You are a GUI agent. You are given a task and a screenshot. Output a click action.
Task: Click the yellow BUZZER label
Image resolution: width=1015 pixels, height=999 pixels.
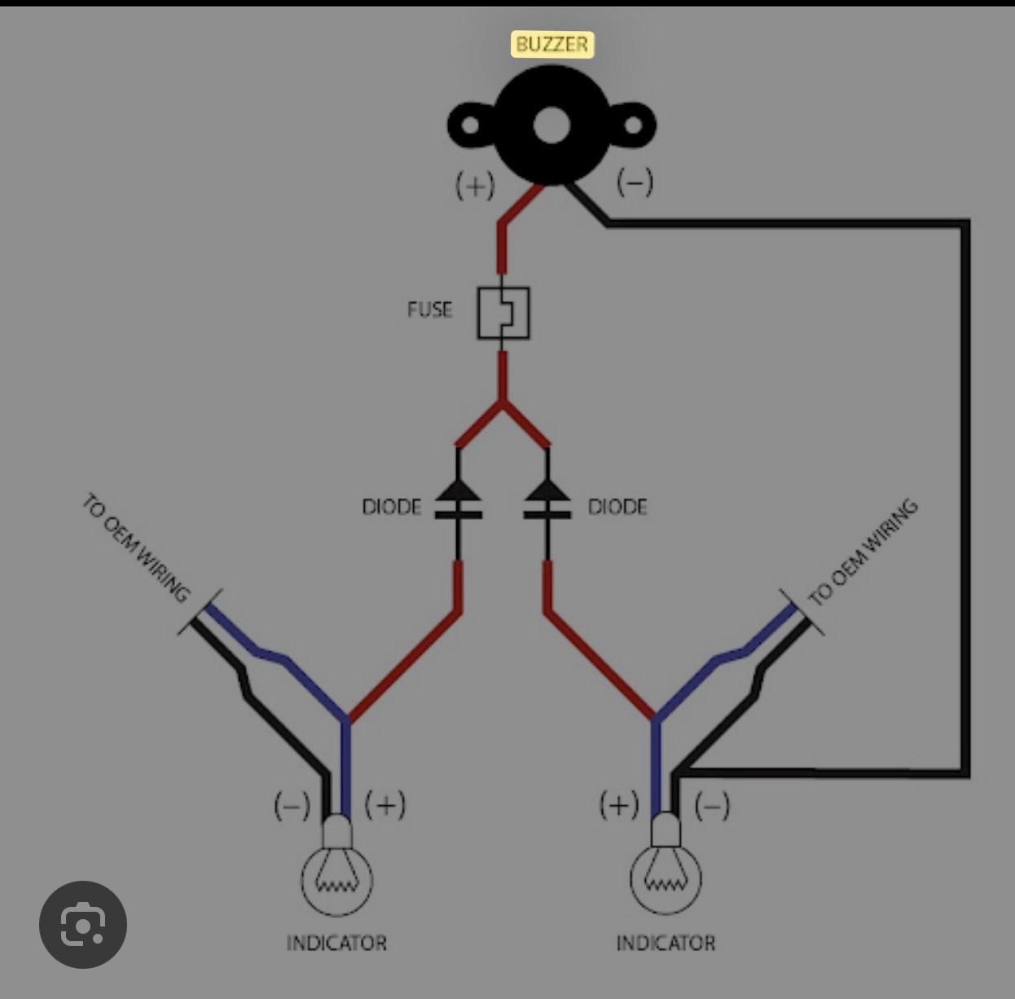(551, 44)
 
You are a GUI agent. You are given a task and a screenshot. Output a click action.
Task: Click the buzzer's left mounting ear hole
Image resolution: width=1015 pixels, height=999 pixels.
(471, 126)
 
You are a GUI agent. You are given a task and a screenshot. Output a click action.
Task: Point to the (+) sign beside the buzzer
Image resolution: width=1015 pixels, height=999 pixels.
(475, 186)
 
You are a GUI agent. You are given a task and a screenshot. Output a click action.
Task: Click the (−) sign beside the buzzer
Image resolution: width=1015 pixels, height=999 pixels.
(635, 182)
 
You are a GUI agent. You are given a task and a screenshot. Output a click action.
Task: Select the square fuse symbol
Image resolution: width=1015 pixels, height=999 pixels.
(503, 312)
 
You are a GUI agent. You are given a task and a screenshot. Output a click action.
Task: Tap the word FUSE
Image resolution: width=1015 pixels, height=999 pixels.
(429, 310)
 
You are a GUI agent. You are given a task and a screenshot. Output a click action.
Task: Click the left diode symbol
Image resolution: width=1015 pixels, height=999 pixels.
(457, 499)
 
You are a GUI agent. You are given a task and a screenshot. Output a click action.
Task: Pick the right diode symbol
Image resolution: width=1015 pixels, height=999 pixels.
(547, 499)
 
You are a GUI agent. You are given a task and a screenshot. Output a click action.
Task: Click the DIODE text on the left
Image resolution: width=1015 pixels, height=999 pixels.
(392, 508)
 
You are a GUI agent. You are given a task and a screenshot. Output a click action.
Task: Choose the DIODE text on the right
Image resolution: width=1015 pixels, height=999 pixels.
(617, 508)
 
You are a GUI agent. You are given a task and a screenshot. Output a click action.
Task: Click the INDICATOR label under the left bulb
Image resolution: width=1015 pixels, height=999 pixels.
(336, 943)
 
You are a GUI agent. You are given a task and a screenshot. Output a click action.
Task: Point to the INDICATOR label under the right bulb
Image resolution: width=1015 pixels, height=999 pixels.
(666, 943)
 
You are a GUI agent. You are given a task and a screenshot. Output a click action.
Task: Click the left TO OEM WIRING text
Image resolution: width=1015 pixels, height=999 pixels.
(136, 548)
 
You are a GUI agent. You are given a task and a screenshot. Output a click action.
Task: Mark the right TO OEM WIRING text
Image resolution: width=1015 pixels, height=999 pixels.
(863, 552)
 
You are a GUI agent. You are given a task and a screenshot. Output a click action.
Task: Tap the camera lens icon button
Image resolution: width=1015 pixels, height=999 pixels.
(83, 924)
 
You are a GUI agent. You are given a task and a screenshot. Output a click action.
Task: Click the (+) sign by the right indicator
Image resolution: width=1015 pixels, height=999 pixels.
(619, 805)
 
